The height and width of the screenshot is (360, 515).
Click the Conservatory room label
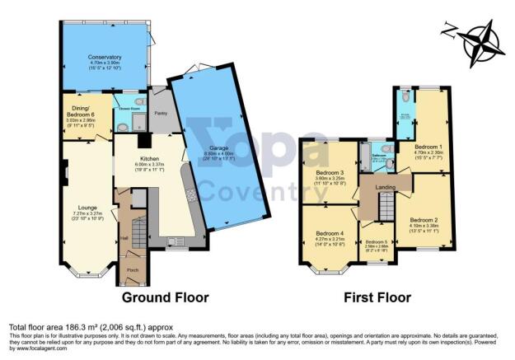(x=105, y=57)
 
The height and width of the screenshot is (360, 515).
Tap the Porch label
(x=131, y=268)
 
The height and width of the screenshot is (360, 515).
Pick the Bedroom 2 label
(x=423, y=220)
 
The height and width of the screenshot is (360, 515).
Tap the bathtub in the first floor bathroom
(x=364, y=157)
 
